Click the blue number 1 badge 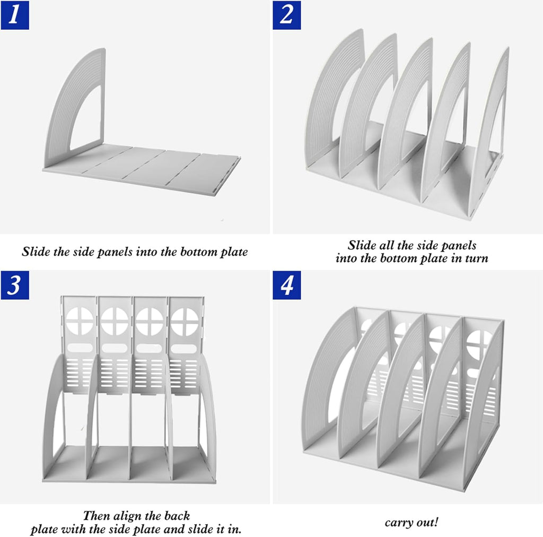15,15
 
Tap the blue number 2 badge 287,15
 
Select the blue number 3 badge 15,285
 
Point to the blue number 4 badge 287,285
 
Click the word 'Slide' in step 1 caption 36,252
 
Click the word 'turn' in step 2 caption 477,258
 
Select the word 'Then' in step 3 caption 96,516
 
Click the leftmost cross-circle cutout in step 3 80,321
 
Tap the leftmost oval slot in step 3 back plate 80,348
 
